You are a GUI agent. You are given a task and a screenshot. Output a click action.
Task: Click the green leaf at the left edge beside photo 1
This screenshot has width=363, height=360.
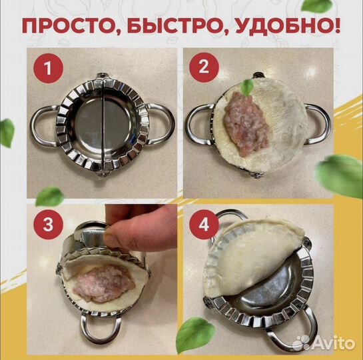pos(7,132)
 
